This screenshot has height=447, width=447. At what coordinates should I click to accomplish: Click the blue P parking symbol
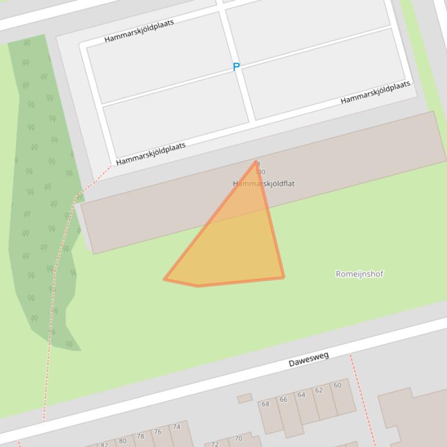click(x=236, y=67)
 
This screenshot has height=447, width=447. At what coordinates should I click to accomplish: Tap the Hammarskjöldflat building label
click(x=264, y=183)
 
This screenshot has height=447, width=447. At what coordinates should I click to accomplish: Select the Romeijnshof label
click(x=359, y=274)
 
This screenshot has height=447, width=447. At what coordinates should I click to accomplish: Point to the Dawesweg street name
click(x=309, y=359)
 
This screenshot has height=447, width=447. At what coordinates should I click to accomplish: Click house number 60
click(x=337, y=385)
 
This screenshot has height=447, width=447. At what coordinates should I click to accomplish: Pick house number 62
click(x=319, y=390)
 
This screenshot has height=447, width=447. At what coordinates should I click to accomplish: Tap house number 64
click(x=301, y=395)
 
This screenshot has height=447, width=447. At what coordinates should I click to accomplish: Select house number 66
click(x=283, y=399)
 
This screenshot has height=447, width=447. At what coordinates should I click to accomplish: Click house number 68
click(x=266, y=404)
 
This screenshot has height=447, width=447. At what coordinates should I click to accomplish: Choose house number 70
click(x=238, y=439)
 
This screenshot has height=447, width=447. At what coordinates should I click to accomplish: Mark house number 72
click(x=214, y=444)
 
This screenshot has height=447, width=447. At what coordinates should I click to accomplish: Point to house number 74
click(x=177, y=427)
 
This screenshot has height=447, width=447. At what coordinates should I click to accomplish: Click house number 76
click(x=158, y=432)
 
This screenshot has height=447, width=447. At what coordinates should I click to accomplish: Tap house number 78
click(x=140, y=437)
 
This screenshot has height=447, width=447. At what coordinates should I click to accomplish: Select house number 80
click(x=122, y=441)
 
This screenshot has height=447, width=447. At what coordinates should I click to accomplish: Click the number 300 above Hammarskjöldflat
click(x=260, y=172)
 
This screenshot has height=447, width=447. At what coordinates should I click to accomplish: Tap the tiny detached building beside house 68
click(x=245, y=398)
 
